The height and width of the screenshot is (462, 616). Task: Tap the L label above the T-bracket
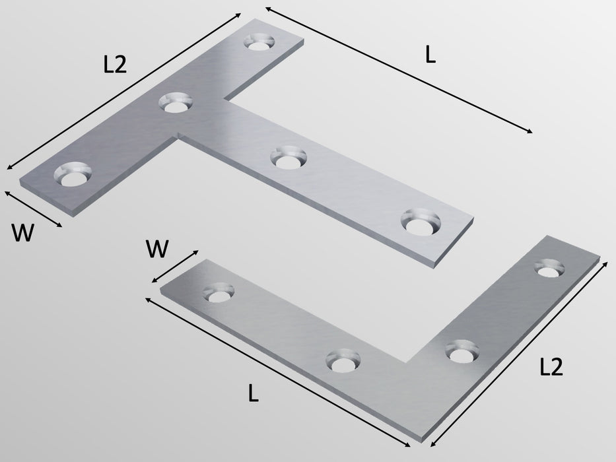click(x=430, y=57)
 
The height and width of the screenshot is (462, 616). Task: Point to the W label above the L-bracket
click(x=157, y=249)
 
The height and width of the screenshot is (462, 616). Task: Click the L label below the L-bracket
click(x=253, y=394)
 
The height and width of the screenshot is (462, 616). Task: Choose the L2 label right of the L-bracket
click(x=551, y=367)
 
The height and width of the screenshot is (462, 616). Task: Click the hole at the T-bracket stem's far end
click(x=421, y=222)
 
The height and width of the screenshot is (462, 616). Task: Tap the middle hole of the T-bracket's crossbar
click(x=176, y=104)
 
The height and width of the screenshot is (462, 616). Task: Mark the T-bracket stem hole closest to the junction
click(x=288, y=158)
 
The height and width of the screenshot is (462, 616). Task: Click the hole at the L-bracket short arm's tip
click(x=549, y=269)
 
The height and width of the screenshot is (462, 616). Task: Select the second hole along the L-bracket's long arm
click(x=344, y=361)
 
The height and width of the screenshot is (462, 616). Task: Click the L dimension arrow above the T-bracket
click(x=399, y=71)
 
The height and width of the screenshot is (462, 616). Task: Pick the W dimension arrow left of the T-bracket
click(x=33, y=209)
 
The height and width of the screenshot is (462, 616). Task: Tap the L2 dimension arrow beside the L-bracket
click(x=520, y=352)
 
